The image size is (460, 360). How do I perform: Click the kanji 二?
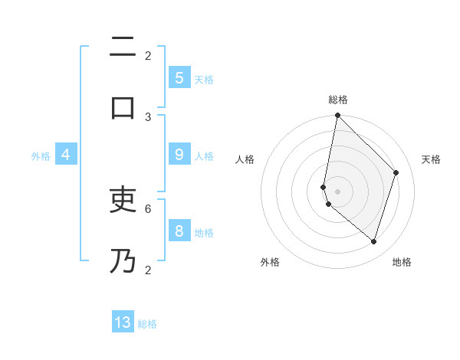123,47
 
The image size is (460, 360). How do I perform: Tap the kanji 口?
123,106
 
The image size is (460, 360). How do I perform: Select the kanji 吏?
123,201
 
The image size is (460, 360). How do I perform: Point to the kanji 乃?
123,260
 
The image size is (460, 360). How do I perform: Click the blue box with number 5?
179,77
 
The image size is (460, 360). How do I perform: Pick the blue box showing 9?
179,155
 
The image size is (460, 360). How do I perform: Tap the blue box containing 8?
179,231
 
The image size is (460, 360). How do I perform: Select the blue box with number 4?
66,155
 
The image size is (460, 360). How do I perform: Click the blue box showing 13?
123,322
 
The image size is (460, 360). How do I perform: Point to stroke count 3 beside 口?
148,116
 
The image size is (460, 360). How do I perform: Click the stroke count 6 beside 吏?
148,208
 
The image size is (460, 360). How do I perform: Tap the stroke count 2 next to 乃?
148,270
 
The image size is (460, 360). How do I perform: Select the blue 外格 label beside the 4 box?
41,156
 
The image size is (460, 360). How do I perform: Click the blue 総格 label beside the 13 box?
147,324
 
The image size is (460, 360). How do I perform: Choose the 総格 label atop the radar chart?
338,100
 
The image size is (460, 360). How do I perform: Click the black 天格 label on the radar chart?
431,159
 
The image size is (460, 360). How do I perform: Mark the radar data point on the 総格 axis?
337,115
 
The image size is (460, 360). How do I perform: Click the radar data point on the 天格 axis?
396,172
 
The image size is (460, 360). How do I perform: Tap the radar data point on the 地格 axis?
373,241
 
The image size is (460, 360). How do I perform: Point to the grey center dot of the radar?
337,191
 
